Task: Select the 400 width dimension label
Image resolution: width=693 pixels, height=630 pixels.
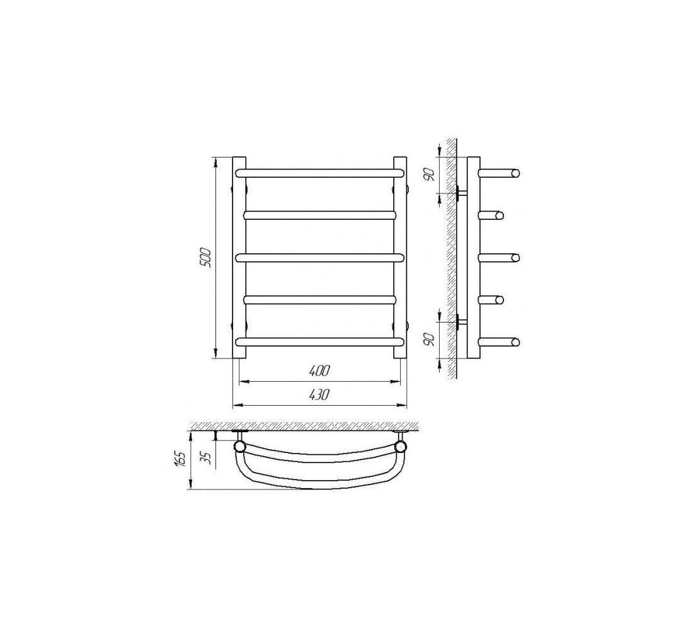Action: (x=319, y=371)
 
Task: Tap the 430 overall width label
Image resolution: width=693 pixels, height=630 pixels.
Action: (x=319, y=395)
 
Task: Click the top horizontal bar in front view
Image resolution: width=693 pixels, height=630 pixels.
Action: (x=319, y=173)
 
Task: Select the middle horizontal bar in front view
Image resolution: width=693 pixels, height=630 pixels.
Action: (x=319, y=258)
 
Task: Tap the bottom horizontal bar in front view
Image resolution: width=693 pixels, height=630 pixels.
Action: (x=319, y=342)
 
